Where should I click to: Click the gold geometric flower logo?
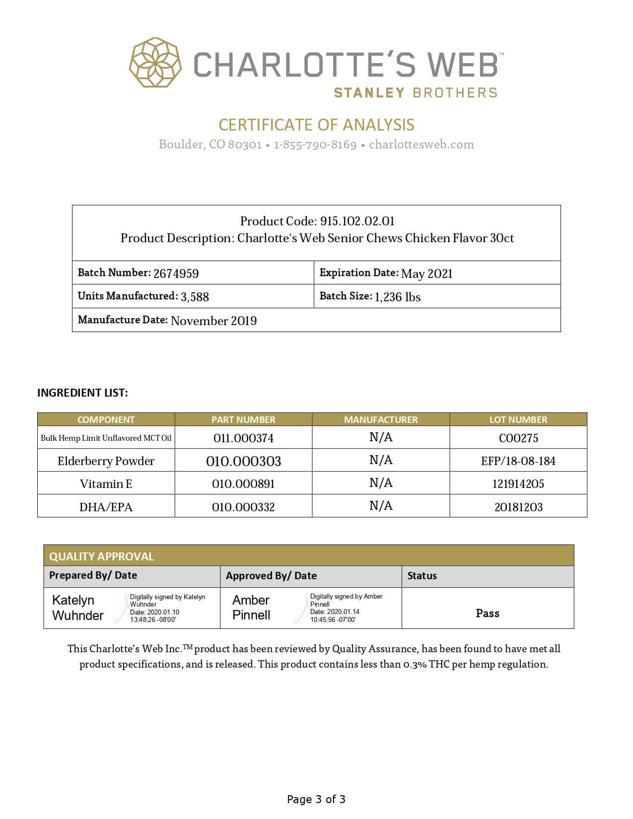point(155,63)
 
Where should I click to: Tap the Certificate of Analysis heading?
point(316,125)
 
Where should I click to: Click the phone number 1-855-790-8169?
point(315,144)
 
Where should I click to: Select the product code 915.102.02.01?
point(357,221)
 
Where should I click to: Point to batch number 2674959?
point(176,273)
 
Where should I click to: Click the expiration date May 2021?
point(426,273)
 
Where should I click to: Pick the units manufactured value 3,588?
point(195,297)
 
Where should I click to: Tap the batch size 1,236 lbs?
point(397,297)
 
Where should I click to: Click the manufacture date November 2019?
point(213,321)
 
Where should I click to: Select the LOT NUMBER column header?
point(518,419)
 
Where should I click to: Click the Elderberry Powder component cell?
point(106,461)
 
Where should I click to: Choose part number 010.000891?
point(243,484)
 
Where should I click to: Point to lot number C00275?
point(518,438)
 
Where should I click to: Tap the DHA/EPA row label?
point(106,507)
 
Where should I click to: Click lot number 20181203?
point(518,507)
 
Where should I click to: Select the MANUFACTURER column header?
point(381,419)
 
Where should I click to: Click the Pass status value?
point(488,613)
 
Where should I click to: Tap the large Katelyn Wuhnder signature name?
point(77,608)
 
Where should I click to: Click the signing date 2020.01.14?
point(343,612)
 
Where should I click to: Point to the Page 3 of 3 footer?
point(316,799)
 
